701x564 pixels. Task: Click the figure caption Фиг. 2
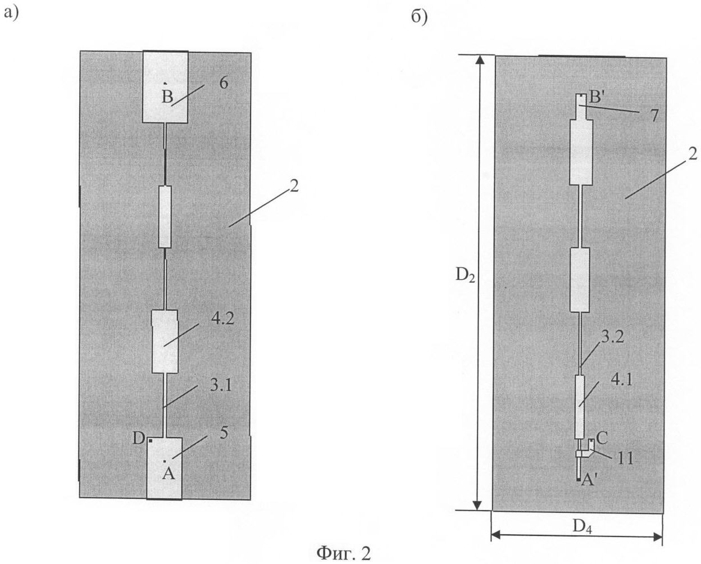[344, 553]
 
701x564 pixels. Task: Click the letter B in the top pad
[167, 97]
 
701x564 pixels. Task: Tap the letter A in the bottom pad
[168, 475]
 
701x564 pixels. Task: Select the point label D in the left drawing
[140, 439]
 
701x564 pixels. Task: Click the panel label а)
[12, 12]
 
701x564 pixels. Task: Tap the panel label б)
[419, 17]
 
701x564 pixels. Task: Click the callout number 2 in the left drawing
[294, 186]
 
